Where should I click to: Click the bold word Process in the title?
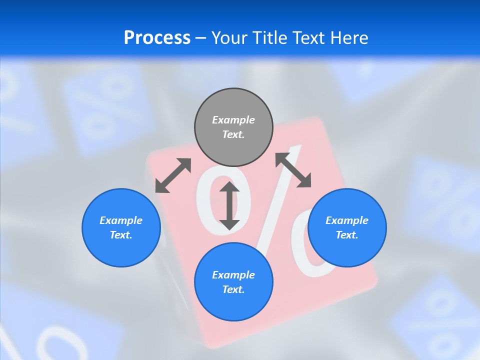tap(157, 38)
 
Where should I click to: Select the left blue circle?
tap(121, 250)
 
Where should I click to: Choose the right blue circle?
tap(347, 250)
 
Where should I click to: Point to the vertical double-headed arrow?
tap(229, 206)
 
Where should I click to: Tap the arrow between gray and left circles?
tap(173, 175)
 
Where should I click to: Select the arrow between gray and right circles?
tap(293, 170)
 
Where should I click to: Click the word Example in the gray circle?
tap(233, 120)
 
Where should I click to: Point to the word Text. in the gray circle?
tap(233, 135)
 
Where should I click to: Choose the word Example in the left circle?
tap(121, 220)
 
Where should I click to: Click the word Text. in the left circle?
tap(121, 235)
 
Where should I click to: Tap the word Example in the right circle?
tap(347, 220)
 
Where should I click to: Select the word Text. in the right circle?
tap(347, 235)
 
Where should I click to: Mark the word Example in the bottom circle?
tap(233, 275)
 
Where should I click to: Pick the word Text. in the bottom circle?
tap(233, 289)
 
